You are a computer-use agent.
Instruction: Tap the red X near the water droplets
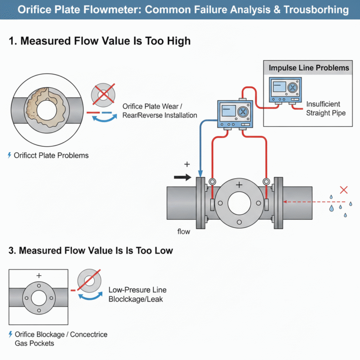[x=344, y=190]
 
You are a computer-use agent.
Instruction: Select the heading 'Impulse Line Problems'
[x=309, y=68]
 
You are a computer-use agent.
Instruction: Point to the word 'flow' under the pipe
[x=183, y=232]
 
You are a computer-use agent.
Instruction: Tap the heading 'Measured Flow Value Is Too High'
[x=100, y=41]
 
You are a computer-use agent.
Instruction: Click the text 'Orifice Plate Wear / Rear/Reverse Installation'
[x=159, y=111]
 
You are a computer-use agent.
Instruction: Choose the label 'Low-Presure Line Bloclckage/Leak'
[x=137, y=294]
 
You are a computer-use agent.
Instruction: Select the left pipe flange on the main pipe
[x=201, y=203]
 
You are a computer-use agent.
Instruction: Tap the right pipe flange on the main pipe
[x=279, y=203]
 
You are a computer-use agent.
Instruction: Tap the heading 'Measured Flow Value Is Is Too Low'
[x=91, y=251]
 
